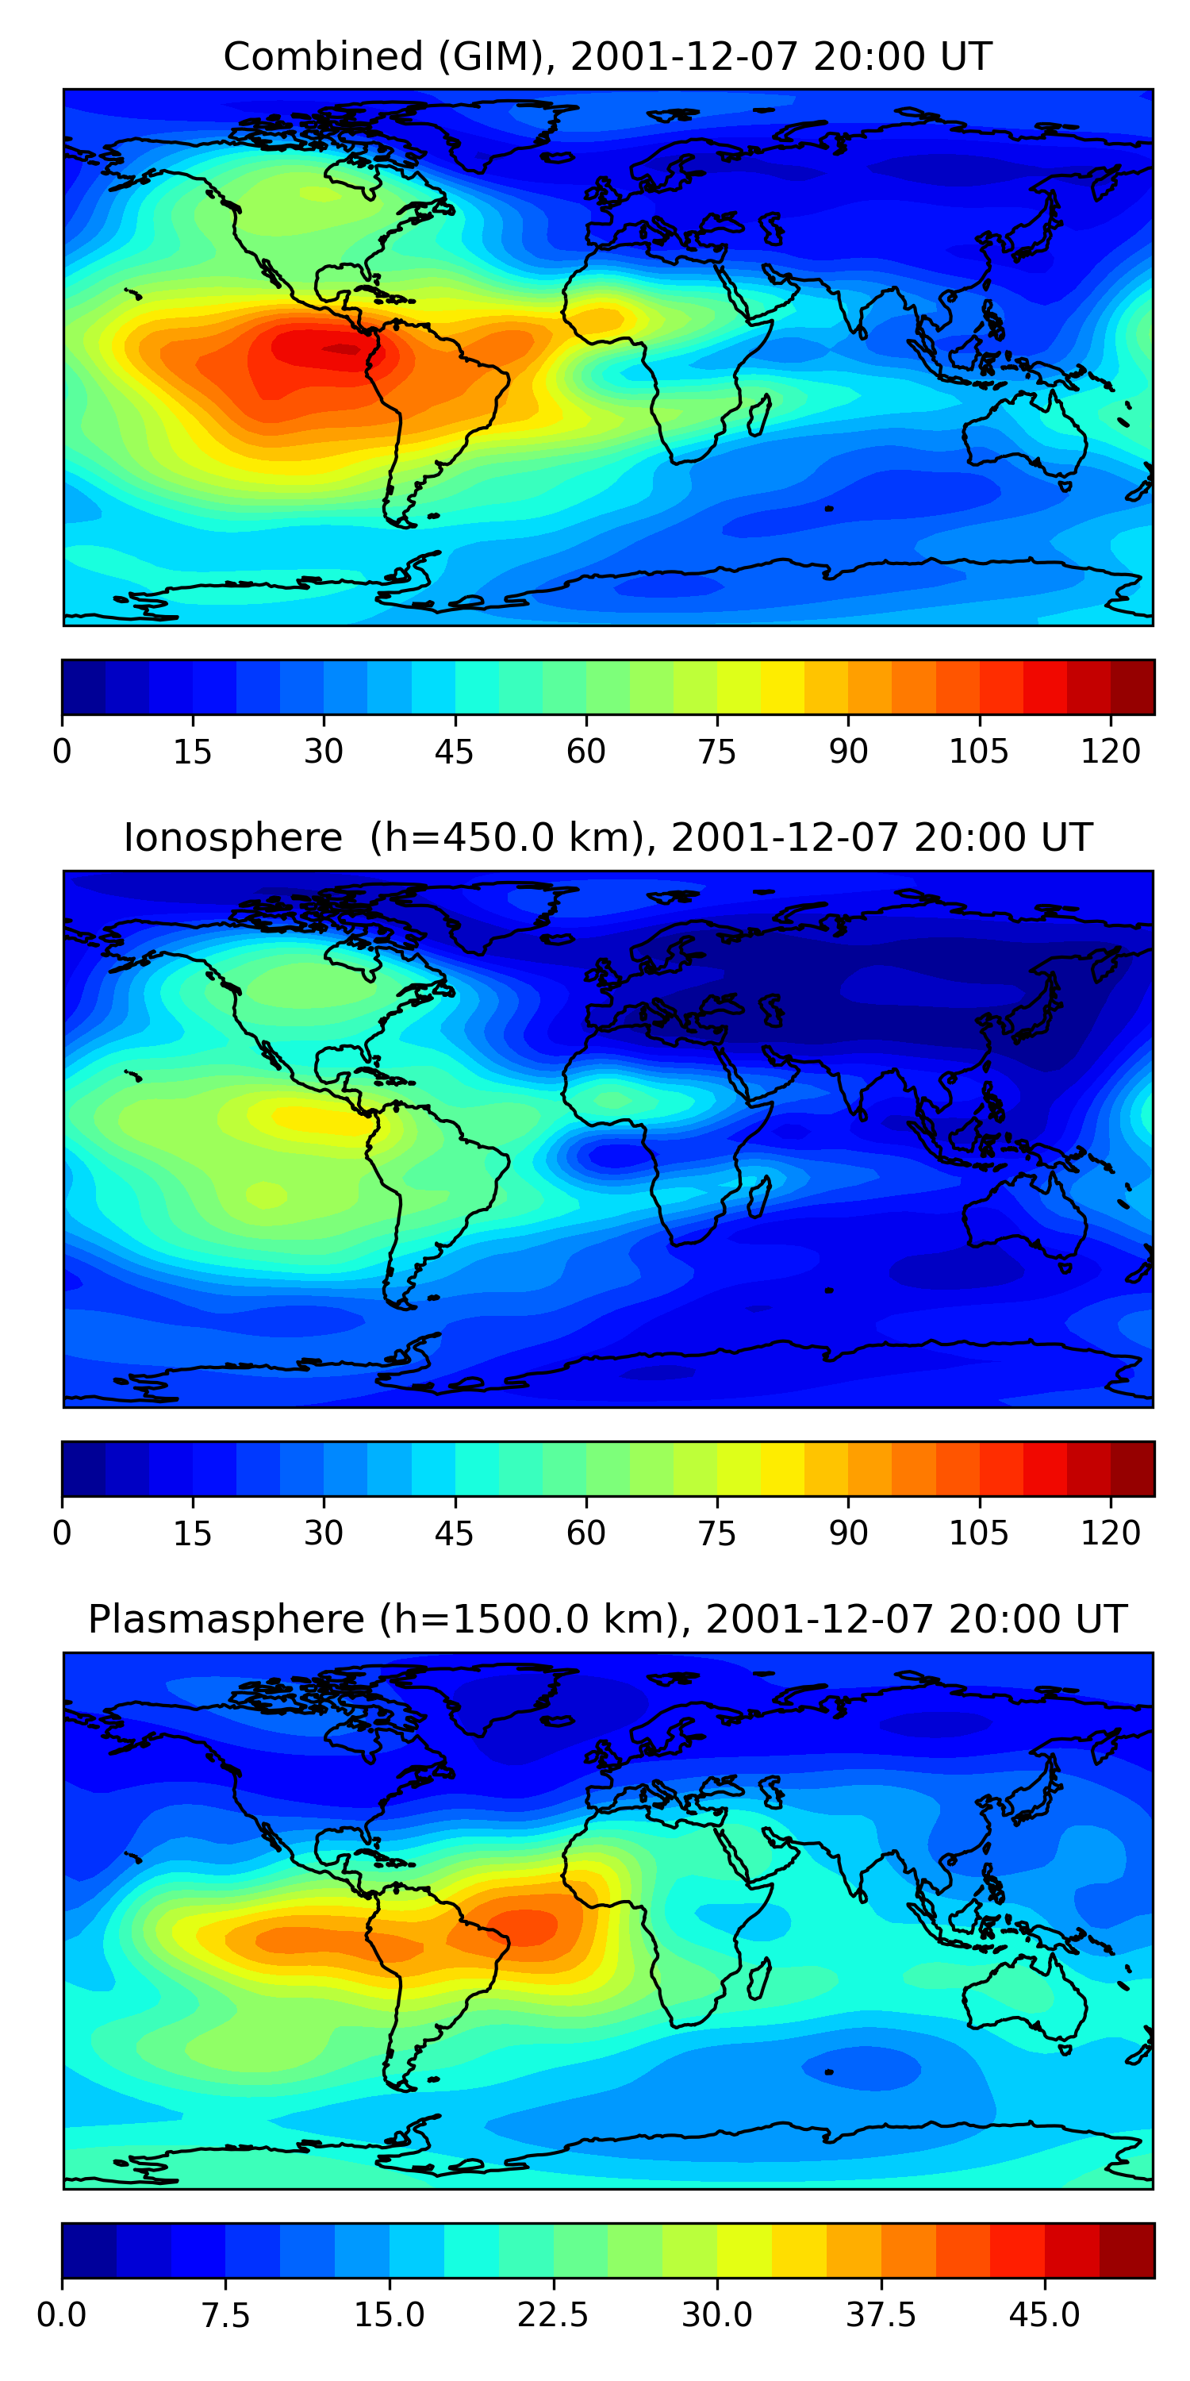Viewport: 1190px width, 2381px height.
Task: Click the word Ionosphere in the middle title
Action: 232,837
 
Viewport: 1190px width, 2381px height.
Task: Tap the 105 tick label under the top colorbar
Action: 978,752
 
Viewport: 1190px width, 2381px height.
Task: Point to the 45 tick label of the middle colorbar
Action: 454,1533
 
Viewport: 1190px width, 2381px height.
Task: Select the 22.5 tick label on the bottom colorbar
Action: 552,2314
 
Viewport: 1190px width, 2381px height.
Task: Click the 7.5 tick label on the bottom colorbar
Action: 225,2314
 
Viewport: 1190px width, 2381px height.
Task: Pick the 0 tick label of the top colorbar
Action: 62,752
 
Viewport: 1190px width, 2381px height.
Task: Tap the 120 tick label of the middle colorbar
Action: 1110,1533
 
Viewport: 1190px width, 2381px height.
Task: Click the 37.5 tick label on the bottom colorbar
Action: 881,2314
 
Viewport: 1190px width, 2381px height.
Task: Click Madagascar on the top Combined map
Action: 759,415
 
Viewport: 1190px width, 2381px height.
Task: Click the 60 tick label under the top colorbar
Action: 585,752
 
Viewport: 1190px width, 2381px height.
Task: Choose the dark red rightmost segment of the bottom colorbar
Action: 1127,2250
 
